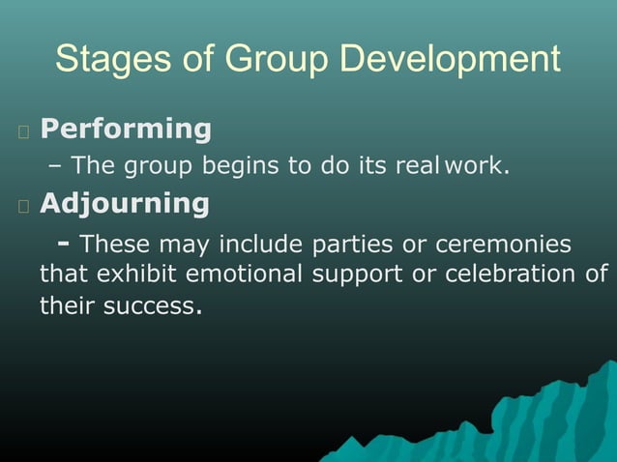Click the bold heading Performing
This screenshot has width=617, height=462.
pos(126,129)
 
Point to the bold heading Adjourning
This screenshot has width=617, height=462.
pos(124,203)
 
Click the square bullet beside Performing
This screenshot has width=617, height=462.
pos(23,130)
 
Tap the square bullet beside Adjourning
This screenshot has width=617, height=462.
pos(23,205)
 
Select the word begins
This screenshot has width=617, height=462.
pos(239,166)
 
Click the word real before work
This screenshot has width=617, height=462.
pos(417,166)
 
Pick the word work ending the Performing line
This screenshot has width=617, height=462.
pos(475,166)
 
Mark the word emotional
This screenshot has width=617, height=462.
pos(245,274)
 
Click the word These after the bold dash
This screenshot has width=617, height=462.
pos(115,243)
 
